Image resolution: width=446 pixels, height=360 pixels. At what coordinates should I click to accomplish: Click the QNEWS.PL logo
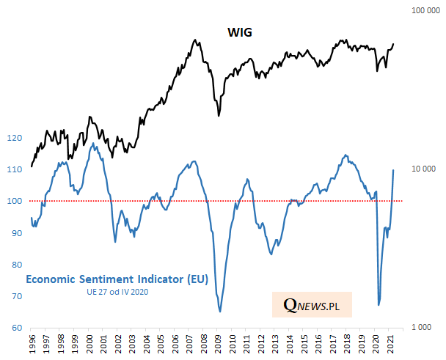(311, 303)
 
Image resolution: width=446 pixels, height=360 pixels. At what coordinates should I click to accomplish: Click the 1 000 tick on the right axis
(424, 327)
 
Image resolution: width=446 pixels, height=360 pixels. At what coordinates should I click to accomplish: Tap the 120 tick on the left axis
(14, 138)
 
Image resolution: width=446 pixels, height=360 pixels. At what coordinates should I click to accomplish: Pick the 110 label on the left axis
(14, 169)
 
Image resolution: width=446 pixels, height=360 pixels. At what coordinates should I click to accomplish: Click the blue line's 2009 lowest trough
(220, 312)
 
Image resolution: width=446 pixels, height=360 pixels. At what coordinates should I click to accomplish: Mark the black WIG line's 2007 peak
(194, 40)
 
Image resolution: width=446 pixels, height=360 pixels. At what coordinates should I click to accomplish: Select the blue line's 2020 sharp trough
(379, 304)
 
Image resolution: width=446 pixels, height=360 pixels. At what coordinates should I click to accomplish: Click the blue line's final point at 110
(394, 170)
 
